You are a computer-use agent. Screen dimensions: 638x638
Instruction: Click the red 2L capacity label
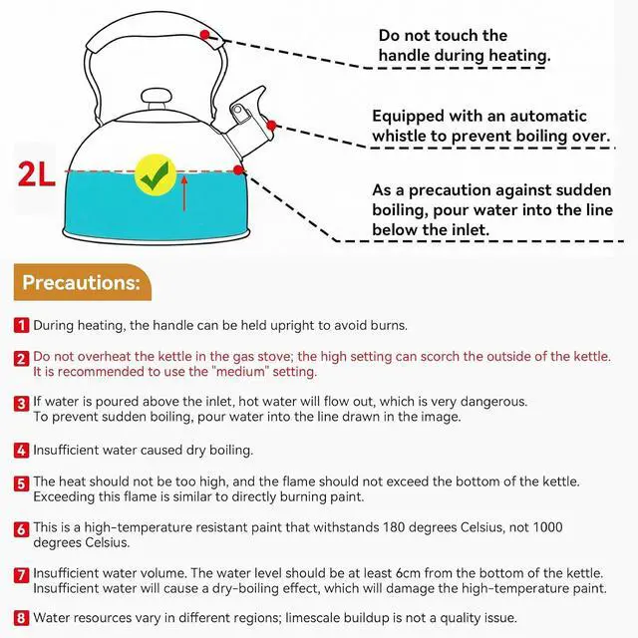pyautogui.click(x=36, y=174)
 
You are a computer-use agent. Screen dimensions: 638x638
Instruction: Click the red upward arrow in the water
pyautogui.click(x=184, y=192)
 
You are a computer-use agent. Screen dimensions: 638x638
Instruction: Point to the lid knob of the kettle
pyautogui.click(x=157, y=99)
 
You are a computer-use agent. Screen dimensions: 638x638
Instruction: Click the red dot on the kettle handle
pyautogui.click(x=204, y=35)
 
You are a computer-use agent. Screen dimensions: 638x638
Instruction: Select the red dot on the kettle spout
pyautogui.click(x=271, y=125)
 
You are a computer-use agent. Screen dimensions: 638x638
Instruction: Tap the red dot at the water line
pyautogui.click(x=238, y=170)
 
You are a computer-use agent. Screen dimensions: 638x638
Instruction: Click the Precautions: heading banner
pyautogui.click(x=82, y=282)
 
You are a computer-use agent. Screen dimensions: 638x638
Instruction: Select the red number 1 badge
pyautogui.click(x=21, y=326)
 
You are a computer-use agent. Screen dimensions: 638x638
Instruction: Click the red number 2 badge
pyautogui.click(x=21, y=359)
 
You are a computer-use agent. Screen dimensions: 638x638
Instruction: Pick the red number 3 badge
pyautogui.click(x=21, y=404)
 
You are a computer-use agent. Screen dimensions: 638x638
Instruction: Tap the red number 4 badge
pyautogui.click(x=21, y=451)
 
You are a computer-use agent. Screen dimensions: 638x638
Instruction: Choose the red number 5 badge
pyautogui.click(x=21, y=483)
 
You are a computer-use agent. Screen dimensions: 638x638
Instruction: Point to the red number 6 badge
pyautogui.click(x=21, y=529)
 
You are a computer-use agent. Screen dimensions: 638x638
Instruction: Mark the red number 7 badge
pyautogui.click(x=21, y=575)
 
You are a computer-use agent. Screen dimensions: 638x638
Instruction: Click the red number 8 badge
pyautogui.click(x=21, y=618)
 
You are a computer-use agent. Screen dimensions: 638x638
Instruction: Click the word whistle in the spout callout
pyautogui.click(x=399, y=136)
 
